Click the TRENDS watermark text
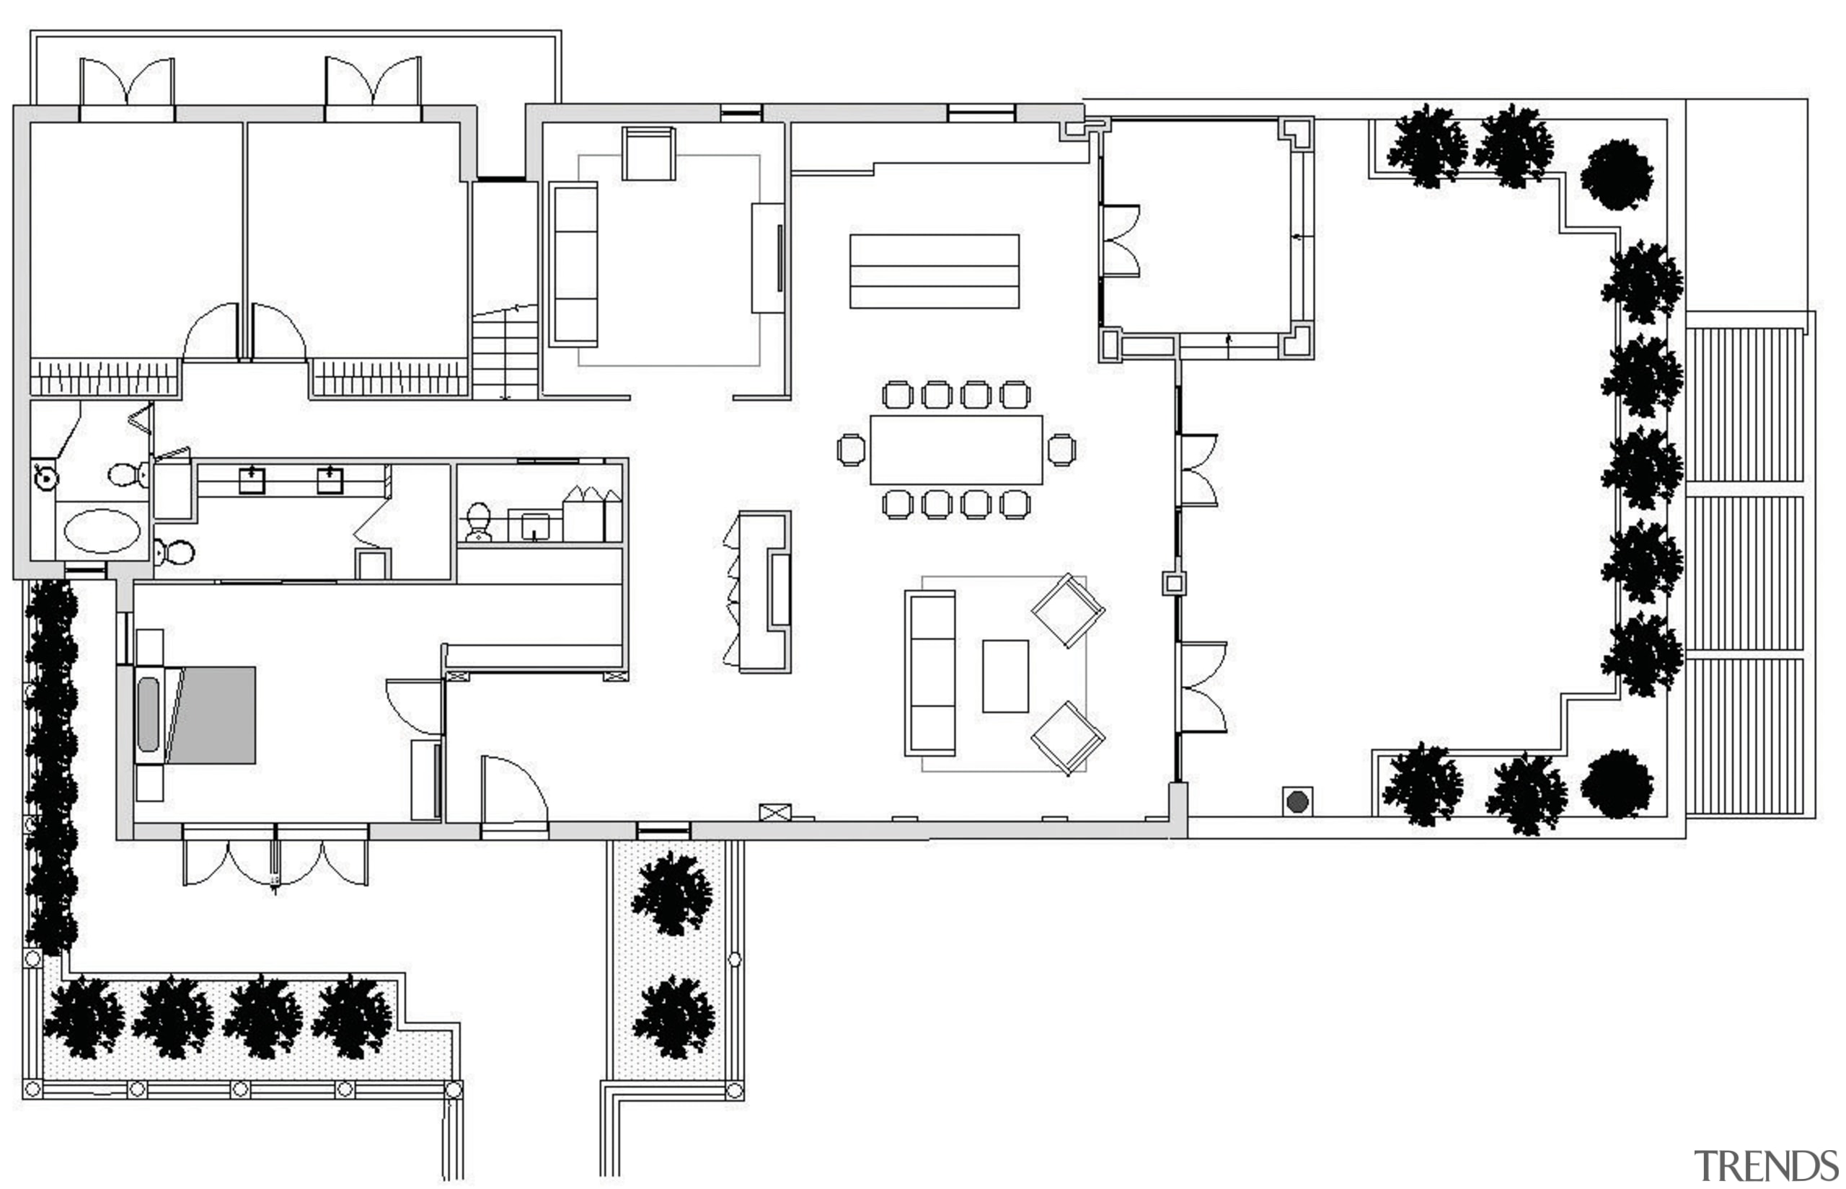click(x=1766, y=1166)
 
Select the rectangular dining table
click(x=955, y=450)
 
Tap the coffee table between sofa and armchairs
click(x=1005, y=676)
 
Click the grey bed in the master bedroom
click(x=213, y=715)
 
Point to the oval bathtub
click(x=102, y=531)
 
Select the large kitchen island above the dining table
click(x=934, y=271)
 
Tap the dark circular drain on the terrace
click(x=1297, y=801)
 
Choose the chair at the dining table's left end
click(x=851, y=450)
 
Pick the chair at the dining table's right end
click(x=1061, y=450)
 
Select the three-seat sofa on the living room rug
click(x=931, y=672)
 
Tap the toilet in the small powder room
click(x=478, y=522)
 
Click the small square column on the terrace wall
click(x=1173, y=583)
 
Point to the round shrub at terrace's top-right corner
click(x=1617, y=174)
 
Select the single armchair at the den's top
click(x=648, y=153)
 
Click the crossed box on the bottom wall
click(x=774, y=812)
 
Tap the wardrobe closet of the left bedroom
click(x=105, y=378)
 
